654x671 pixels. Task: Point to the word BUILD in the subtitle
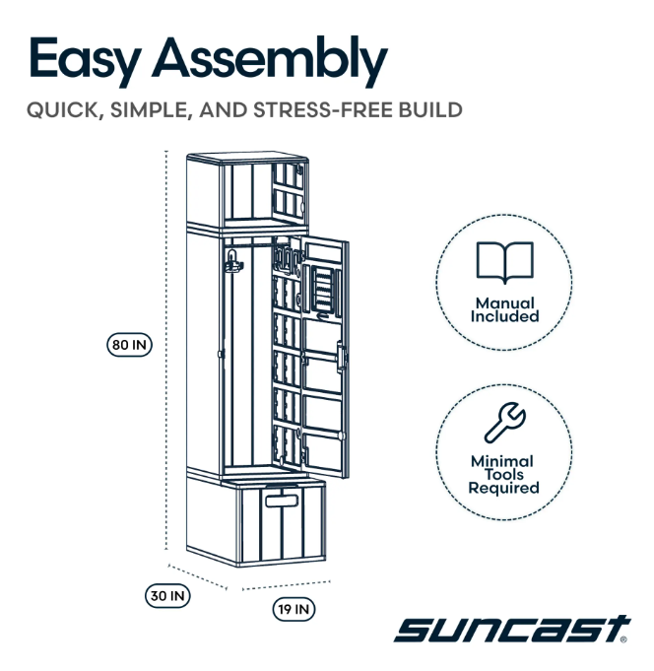coord(429,109)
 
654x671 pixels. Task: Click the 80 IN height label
coord(129,345)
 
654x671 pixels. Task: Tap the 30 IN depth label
coord(168,595)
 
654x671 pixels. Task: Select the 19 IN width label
coord(294,610)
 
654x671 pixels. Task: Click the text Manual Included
coord(504,310)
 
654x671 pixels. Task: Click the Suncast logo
coord(509,628)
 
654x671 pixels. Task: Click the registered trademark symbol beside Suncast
coord(623,638)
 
